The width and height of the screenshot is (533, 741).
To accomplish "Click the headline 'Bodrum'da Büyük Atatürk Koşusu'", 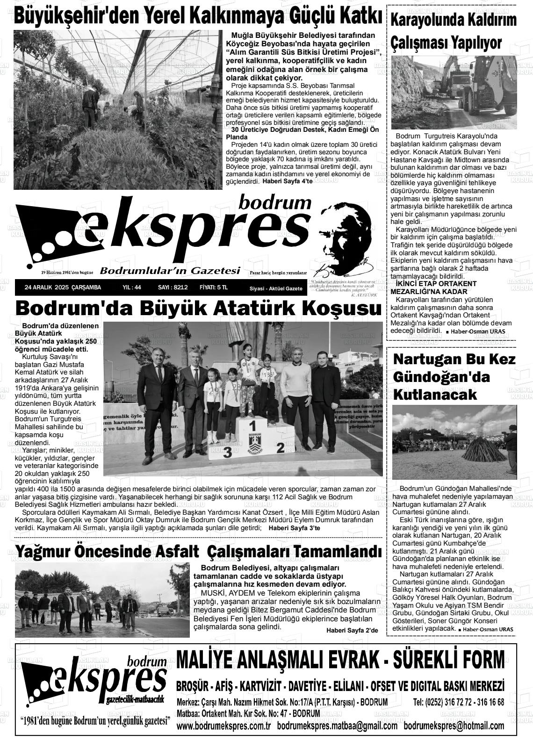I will (x=198, y=309).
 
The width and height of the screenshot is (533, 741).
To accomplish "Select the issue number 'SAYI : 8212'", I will (x=173, y=288).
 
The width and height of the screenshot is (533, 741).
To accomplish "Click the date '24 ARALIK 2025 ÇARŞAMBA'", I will (x=63, y=288).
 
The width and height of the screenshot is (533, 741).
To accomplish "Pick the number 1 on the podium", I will (x=252, y=426).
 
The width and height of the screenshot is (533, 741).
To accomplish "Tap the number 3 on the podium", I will (x=228, y=452).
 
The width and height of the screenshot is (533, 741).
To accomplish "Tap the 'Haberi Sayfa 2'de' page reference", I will (x=352, y=631).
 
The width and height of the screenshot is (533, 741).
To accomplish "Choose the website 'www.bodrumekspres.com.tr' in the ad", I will (x=224, y=726).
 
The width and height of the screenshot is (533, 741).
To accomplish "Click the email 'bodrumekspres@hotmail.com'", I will (x=454, y=726).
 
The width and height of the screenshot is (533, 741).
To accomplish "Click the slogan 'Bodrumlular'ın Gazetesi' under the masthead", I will (x=170, y=271).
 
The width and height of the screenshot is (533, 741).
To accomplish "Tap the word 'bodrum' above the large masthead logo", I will (x=274, y=202).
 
